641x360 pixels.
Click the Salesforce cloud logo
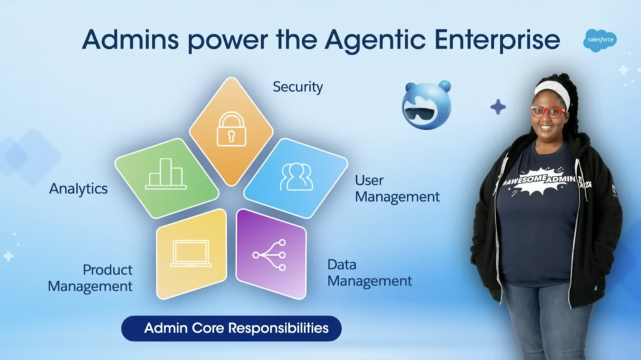600,40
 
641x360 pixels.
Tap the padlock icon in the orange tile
231,129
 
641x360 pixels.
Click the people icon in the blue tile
296,177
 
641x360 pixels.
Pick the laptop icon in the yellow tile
191,253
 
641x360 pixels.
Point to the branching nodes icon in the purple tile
270,255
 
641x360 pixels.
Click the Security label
298,87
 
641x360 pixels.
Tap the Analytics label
78,188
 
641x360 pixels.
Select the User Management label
397,188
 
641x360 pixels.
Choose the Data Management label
369,273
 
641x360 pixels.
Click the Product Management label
91,278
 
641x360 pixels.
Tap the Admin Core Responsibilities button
231,328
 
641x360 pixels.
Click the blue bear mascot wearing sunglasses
426,105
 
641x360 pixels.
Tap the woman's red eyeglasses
548,111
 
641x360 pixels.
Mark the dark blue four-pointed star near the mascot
498,106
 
